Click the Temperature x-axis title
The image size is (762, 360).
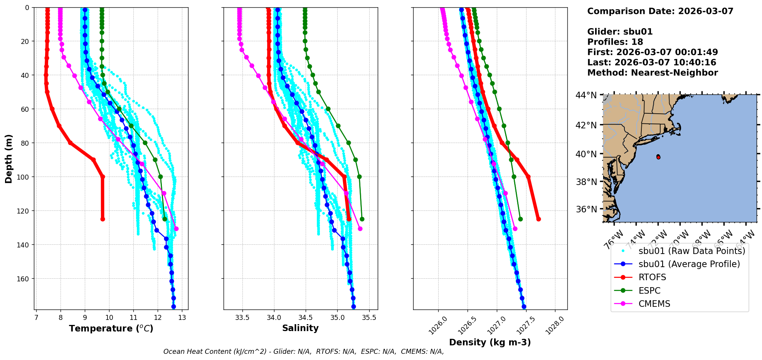tap(111, 328)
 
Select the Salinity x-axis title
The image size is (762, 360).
tap(300, 328)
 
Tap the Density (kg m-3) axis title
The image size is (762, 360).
tap(490, 342)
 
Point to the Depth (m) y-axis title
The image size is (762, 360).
tap(9, 158)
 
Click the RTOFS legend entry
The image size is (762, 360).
tap(652, 278)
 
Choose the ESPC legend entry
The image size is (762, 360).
tap(649, 291)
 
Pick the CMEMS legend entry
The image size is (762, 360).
tap(654, 304)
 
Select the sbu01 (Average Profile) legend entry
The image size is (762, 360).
tap(689, 264)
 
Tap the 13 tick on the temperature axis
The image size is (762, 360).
tap(182, 318)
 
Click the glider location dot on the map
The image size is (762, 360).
tap(658, 157)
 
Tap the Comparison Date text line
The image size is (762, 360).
tap(660, 11)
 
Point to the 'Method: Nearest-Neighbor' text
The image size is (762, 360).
tap(653, 73)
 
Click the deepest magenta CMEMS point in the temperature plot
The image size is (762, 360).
tap(176, 229)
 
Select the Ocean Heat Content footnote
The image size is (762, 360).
tap(303, 352)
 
